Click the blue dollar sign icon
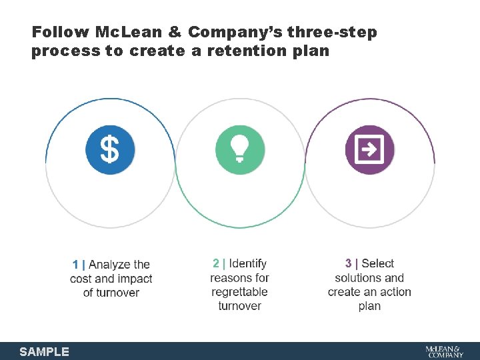point(110,150)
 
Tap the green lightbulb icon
point(240,150)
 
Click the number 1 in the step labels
point(75,265)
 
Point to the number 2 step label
point(215,263)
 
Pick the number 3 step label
point(348,263)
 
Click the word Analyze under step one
point(111,265)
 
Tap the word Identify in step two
point(247,263)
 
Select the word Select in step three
point(378,263)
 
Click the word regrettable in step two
point(239,292)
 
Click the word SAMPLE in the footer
point(44,351)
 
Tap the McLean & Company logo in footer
point(445,351)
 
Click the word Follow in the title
point(61,32)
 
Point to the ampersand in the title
point(175,32)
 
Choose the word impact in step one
point(135,279)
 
